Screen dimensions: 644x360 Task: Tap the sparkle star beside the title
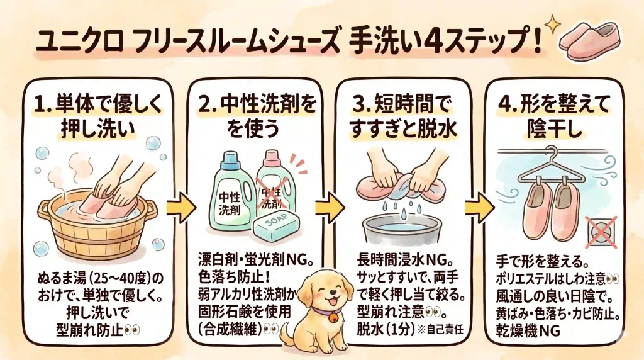pyautogui.click(x=553, y=25)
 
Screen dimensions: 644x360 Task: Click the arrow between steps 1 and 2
pyautogui.click(x=180, y=208)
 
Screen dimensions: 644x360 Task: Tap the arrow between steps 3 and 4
pyautogui.click(x=479, y=208)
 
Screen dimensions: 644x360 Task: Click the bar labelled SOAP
pyautogui.click(x=277, y=228)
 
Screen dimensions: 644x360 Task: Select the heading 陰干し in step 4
pyautogui.click(x=555, y=128)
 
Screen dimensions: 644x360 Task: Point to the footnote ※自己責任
pyautogui.click(x=440, y=330)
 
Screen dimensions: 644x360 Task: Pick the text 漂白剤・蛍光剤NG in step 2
pyautogui.click(x=256, y=260)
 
